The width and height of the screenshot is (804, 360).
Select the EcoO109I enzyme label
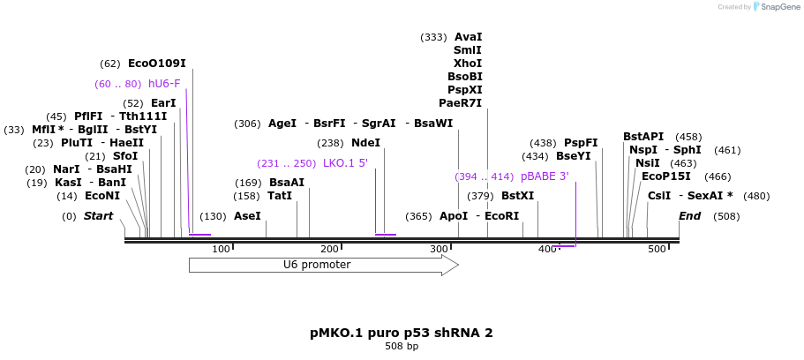(157, 64)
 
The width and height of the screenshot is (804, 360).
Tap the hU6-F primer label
(164, 84)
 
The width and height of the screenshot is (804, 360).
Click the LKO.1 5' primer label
(345, 163)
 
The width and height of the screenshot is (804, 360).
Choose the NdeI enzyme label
(365, 143)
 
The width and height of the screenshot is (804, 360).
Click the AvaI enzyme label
(468, 37)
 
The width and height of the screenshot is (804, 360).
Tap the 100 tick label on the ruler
(221, 250)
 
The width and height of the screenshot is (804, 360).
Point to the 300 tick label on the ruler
(440, 250)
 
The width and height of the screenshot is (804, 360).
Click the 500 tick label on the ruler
(657, 250)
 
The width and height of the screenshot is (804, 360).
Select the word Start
(99, 216)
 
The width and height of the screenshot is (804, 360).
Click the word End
(689, 216)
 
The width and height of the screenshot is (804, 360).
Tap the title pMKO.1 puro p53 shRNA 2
(402, 333)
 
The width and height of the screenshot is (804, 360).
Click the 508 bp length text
(402, 347)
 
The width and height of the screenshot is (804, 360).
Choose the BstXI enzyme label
(517, 196)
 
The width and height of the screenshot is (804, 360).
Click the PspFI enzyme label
(581, 143)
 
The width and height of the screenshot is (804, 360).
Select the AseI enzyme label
(247, 216)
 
